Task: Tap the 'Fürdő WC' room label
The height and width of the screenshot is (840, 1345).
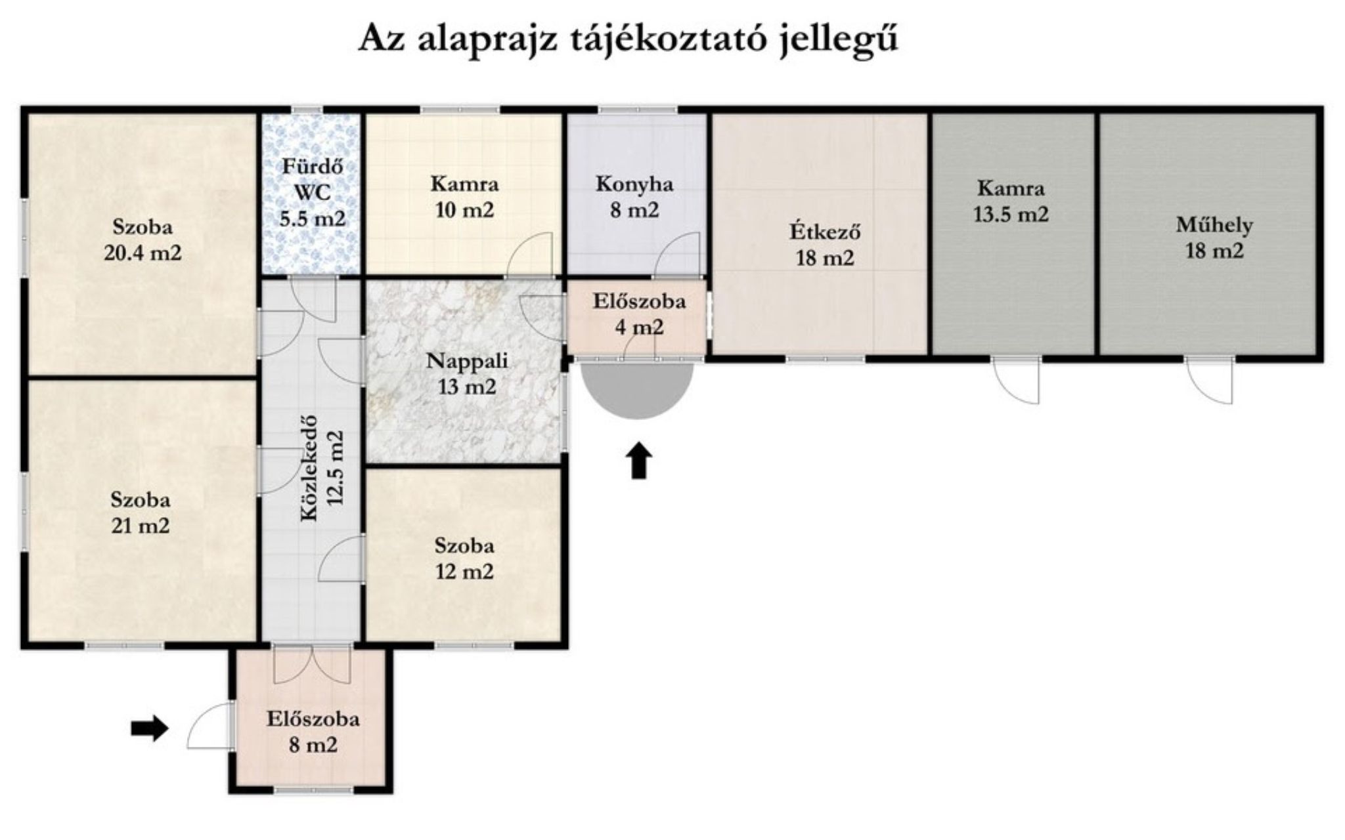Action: (313, 179)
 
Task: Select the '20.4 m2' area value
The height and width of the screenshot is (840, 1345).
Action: (143, 253)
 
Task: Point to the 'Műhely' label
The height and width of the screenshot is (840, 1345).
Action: (1214, 226)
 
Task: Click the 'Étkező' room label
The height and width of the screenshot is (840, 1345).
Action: (825, 232)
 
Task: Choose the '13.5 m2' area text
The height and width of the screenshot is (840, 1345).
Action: (1011, 215)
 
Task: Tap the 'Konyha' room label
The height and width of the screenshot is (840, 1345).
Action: (634, 184)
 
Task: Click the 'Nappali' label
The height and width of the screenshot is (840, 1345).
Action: (467, 362)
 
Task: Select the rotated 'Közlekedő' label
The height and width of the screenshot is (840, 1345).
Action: (309, 468)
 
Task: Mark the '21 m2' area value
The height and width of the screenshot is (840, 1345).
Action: (140, 526)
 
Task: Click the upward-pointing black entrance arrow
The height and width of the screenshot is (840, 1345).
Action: (638, 461)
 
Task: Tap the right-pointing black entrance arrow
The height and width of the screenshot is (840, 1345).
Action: (150, 728)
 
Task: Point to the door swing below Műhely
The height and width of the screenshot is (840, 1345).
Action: (1210, 380)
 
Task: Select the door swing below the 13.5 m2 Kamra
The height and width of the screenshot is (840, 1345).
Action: (1017, 380)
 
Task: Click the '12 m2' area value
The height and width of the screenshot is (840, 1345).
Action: (464, 572)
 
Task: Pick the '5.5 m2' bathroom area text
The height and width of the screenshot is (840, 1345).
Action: (312, 219)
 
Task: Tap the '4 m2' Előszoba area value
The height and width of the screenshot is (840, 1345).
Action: (639, 327)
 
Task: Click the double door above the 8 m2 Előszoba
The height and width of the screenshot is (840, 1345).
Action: (312, 664)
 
